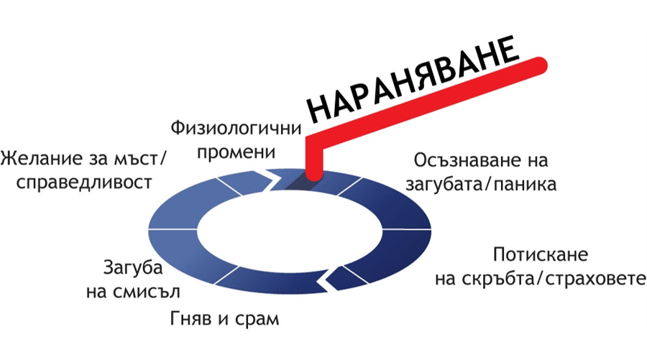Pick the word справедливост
(84, 181)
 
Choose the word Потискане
(541, 255)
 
